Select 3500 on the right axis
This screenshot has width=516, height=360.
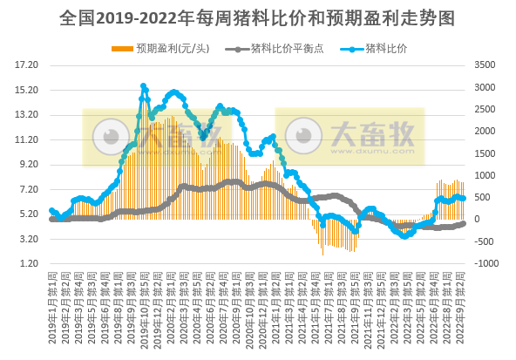coord(485,65)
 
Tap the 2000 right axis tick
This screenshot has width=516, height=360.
coord(485,131)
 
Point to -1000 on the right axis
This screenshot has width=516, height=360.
coord(483,263)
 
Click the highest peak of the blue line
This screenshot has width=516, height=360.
coord(143,85)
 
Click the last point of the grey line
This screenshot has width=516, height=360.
coord(463,222)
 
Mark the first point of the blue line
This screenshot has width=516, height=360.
coord(51,211)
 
